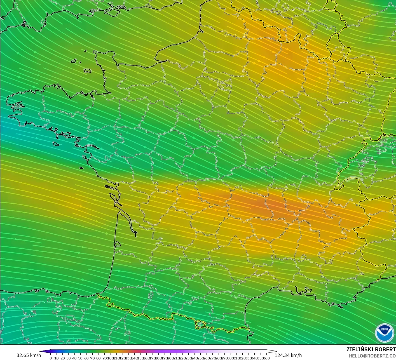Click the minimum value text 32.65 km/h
(x=29, y=355)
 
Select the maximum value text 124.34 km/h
(x=288, y=355)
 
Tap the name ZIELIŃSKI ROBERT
(x=371, y=349)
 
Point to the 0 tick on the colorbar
(x=51, y=358)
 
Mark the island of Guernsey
(x=74, y=60)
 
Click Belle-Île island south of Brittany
(x=55, y=143)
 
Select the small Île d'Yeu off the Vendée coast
(x=81, y=168)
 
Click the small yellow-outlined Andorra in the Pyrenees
(x=201, y=324)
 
